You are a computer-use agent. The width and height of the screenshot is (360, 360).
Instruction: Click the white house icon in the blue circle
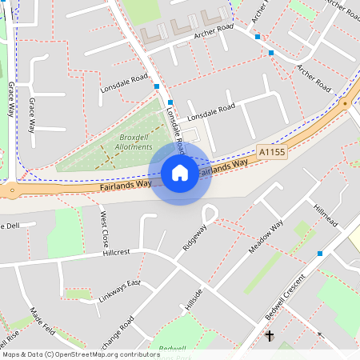coord(180,173)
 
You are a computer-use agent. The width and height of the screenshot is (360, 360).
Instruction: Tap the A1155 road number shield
coord(272,150)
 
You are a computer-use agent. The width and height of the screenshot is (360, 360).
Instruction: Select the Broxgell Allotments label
coord(130,142)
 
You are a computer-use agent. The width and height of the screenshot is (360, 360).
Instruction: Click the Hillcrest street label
coord(116,252)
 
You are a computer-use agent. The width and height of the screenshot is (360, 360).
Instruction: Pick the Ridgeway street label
coord(194,238)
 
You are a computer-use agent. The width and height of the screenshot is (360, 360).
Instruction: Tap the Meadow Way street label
coord(266,237)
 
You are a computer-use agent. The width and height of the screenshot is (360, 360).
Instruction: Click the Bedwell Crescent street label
coord(286,298)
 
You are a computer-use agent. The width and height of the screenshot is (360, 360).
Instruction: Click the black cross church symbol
coord(270,336)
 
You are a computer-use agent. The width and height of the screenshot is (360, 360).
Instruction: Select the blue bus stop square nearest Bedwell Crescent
coord(320,254)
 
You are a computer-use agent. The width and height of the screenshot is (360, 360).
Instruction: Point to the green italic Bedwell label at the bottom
coord(172,348)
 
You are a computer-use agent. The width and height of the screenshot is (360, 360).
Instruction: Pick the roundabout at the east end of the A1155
coord(345,103)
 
